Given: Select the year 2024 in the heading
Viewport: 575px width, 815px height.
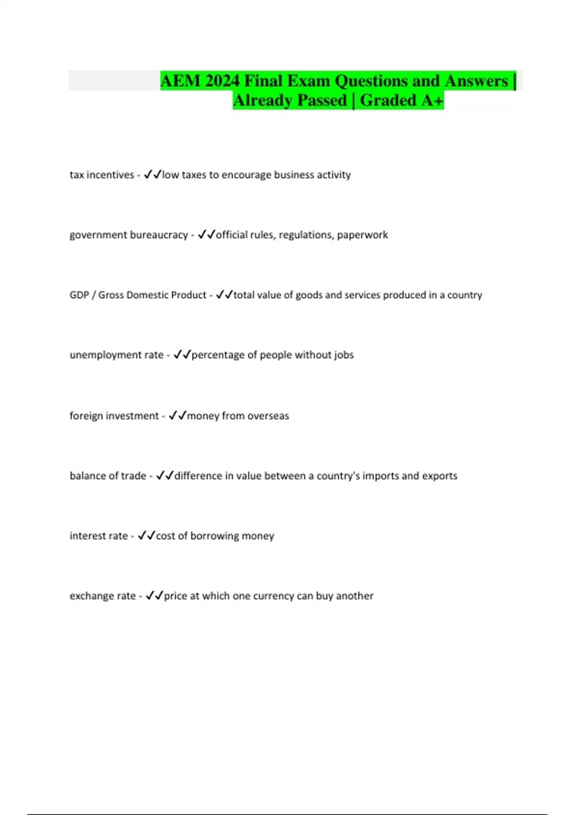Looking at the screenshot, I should [x=222, y=81].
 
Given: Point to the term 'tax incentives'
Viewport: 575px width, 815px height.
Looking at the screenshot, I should [x=102, y=175].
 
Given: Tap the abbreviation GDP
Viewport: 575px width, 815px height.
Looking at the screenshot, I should [x=79, y=295].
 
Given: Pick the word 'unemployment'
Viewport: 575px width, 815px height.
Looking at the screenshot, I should [x=99, y=355].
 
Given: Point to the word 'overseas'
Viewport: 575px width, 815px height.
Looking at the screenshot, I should [x=268, y=416].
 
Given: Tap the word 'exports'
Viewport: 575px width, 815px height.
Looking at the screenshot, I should [x=440, y=476].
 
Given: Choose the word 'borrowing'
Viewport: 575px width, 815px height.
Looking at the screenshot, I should [x=215, y=536].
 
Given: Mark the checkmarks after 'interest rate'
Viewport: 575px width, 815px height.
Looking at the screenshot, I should [x=146, y=536].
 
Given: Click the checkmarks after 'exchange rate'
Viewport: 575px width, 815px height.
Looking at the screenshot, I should [x=154, y=595].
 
